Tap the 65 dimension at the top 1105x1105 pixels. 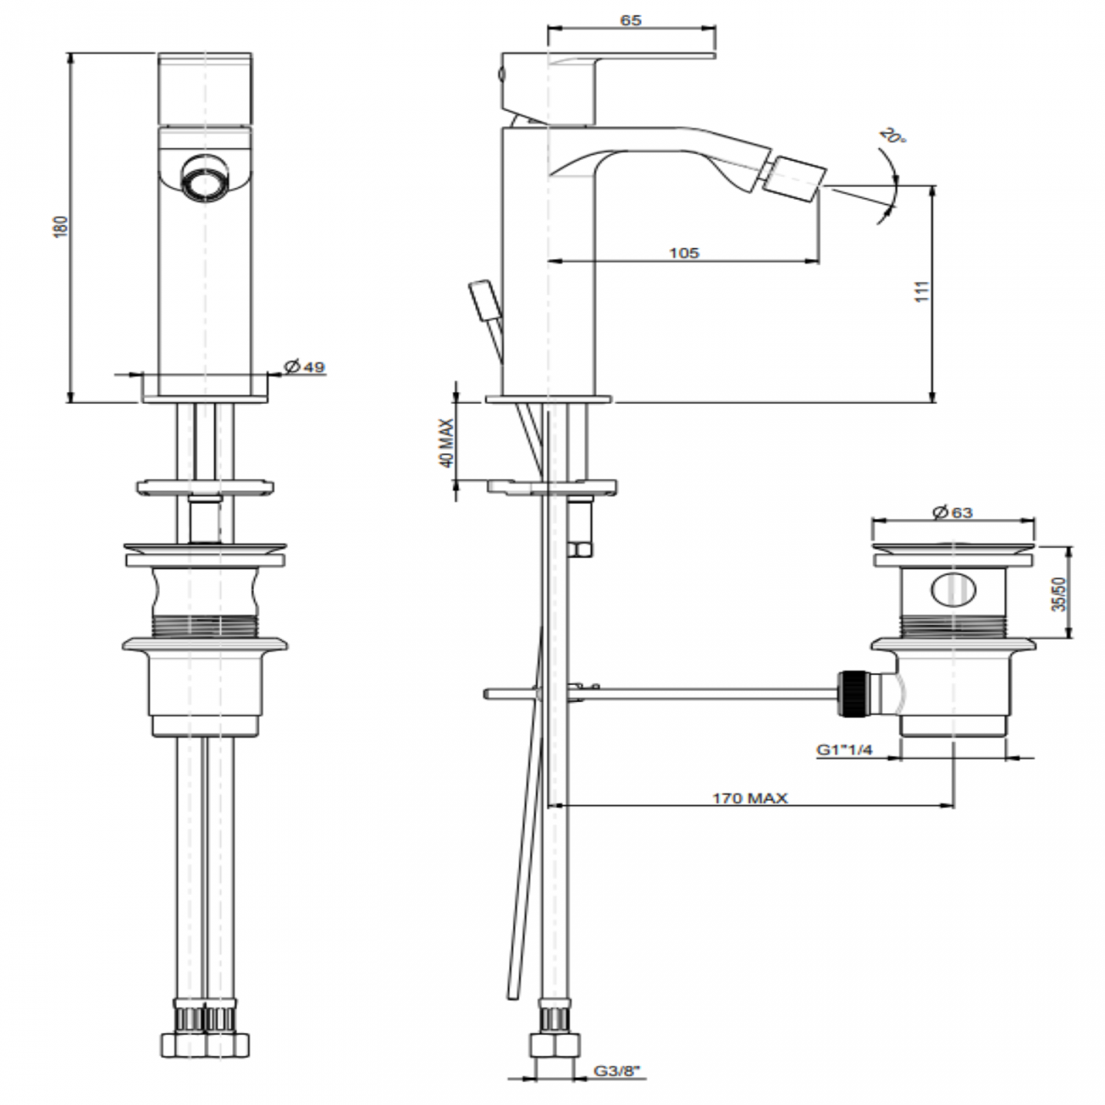click(x=631, y=20)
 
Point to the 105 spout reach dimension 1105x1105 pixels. click(x=683, y=252)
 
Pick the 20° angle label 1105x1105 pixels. click(x=889, y=138)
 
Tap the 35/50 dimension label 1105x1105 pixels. click(x=1058, y=593)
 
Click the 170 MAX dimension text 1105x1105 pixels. click(x=750, y=797)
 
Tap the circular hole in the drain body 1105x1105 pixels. click(x=953, y=590)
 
